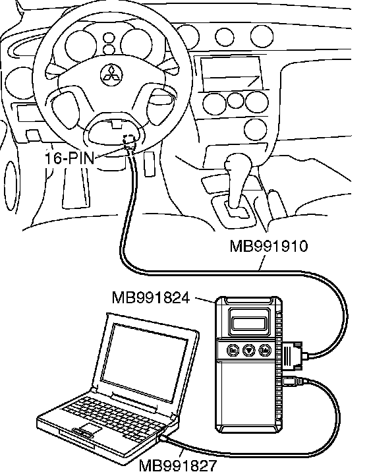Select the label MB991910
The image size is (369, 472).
269,247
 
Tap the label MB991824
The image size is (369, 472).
151,298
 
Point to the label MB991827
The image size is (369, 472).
178,465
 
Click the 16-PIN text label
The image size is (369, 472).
70,158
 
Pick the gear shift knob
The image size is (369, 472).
238,165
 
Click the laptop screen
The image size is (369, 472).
144,361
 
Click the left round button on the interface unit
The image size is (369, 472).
233,351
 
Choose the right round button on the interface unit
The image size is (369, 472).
265,351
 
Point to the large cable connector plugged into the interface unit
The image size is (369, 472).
293,355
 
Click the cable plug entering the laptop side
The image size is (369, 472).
164,438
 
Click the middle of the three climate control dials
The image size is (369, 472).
235,100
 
